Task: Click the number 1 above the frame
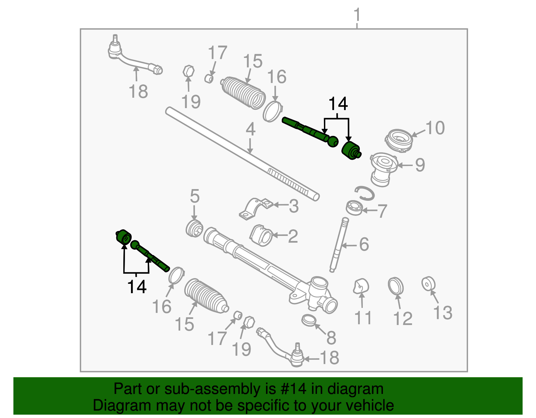point(357,15)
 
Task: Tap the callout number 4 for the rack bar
point(250,130)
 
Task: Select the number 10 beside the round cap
point(435,128)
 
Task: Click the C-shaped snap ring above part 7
point(365,193)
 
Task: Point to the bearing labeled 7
point(354,208)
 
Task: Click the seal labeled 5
point(194,229)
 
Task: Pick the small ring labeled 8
point(309,320)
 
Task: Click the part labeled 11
point(360,286)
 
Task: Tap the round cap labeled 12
point(396,286)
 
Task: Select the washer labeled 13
point(428,284)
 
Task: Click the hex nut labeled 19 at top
point(189,71)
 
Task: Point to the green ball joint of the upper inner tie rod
point(333,141)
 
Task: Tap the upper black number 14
point(338,104)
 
